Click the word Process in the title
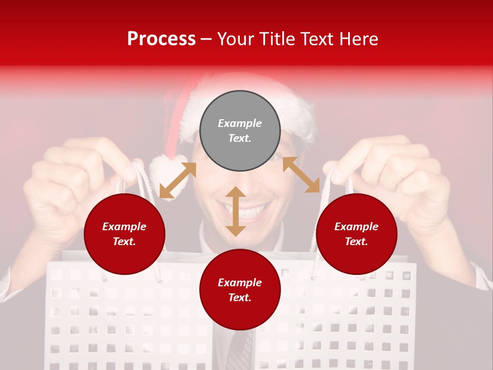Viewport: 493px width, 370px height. [161, 39]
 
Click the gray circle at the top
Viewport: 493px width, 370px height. [240, 131]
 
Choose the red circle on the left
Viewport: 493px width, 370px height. [124, 234]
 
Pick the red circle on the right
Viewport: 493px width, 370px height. [356, 234]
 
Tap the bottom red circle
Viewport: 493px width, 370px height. [240, 290]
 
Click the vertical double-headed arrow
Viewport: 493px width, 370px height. [236, 211]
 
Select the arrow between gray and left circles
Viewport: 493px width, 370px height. [178, 180]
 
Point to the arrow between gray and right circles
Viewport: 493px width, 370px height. [301, 175]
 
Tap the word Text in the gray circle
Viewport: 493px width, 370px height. [240, 138]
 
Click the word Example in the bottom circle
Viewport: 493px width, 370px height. [240, 283]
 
